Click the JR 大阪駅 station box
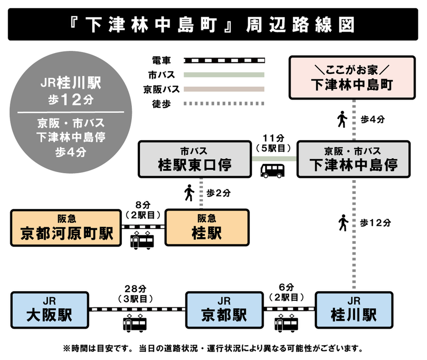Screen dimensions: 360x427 49,310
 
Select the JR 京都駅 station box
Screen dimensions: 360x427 224,310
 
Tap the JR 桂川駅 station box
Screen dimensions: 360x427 354,310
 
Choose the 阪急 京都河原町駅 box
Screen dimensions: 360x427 66,227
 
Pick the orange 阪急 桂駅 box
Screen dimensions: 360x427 207,227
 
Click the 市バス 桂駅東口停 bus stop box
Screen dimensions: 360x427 194,159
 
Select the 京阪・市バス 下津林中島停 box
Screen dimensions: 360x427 353,159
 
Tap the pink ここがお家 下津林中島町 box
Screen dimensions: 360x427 352,77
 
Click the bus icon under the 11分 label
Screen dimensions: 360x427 273,171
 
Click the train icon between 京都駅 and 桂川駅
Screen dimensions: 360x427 287,323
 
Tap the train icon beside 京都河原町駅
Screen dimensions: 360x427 142,241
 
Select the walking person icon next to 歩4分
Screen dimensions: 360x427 342,120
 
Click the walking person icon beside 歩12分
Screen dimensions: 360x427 343,223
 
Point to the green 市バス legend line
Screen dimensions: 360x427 225,75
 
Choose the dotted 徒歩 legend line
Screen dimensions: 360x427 225,103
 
